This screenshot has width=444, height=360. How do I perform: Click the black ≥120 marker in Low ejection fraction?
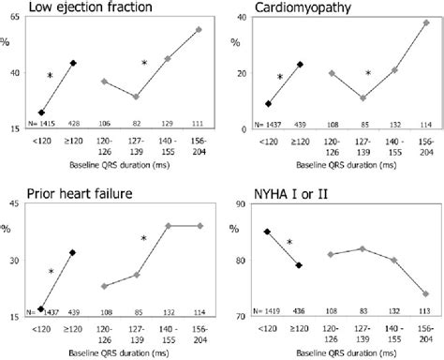pos(73,63)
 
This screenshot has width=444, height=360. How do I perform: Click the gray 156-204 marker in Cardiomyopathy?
pos(426,22)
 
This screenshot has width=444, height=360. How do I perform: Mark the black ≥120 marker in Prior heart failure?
pos(73,252)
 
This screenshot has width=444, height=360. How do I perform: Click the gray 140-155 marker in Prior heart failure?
pos(168,225)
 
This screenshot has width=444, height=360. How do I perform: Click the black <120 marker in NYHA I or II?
pos(268,232)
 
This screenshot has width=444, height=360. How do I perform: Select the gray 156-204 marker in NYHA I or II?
pos(425,293)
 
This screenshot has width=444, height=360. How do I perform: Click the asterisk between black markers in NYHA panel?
pos(289,243)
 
